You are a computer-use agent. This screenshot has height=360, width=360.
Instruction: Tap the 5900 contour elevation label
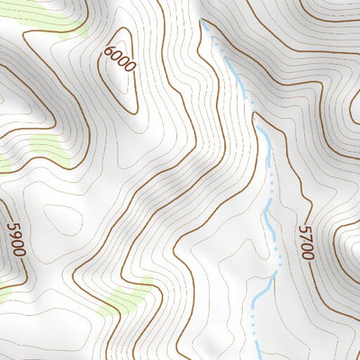(15, 239)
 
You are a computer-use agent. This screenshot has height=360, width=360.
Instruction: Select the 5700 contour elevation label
(306, 243)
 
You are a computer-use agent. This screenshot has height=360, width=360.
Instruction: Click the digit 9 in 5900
(14, 235)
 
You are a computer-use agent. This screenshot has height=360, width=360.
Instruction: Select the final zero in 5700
(308, 256)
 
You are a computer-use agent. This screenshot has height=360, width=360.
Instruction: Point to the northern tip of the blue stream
(205, 25)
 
